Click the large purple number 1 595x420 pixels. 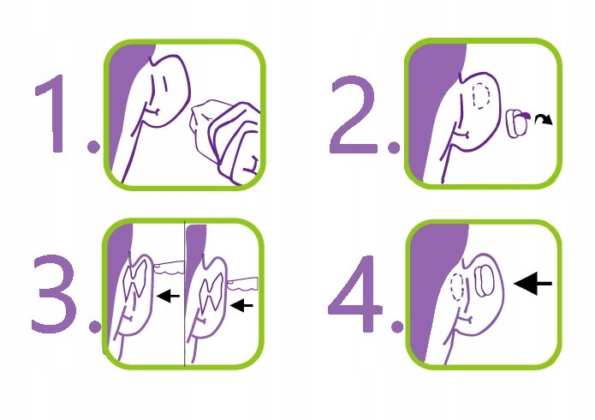52,113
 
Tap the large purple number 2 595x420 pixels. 353,114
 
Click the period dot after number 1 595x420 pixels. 93,147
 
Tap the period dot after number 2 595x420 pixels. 394,147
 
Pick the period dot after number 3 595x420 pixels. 95,327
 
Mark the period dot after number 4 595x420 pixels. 397,327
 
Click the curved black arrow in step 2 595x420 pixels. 544,118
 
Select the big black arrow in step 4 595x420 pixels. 533,283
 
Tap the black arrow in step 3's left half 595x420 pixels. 168,296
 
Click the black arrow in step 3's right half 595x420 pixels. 241,305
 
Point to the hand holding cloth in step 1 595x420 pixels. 228,141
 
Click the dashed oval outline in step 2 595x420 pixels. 481,96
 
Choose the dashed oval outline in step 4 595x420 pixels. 457,287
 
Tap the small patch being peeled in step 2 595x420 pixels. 516,123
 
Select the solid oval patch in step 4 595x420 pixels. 485,281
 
